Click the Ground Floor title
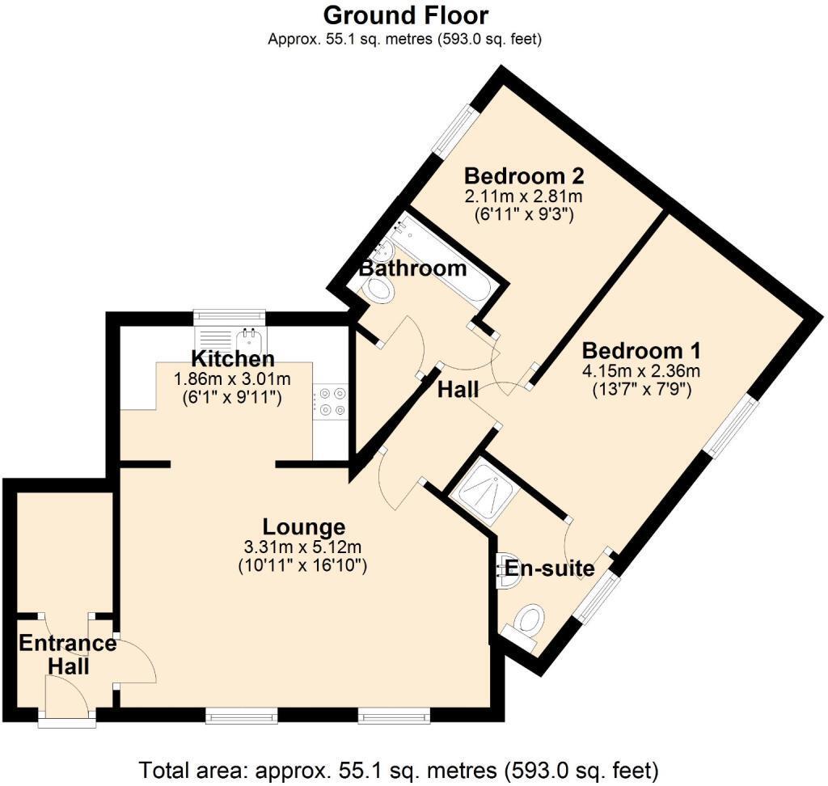pos(406,15)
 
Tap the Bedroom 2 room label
pos(524,175)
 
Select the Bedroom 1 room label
pos(641,350)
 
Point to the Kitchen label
pos(233,359)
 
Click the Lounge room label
pos(304,526)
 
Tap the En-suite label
pos(550,568)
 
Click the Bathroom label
pos(413,268)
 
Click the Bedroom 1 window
pos(732,425)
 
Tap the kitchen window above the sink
pos(229,317)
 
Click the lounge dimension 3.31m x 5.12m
pos(302,547)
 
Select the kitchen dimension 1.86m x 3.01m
pos(232,378)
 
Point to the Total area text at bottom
pos(399,771)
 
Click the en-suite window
pos(598,597)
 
